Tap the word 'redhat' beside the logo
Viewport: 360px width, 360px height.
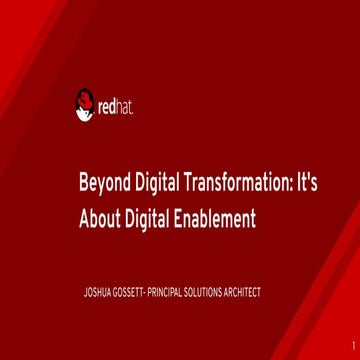113,102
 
